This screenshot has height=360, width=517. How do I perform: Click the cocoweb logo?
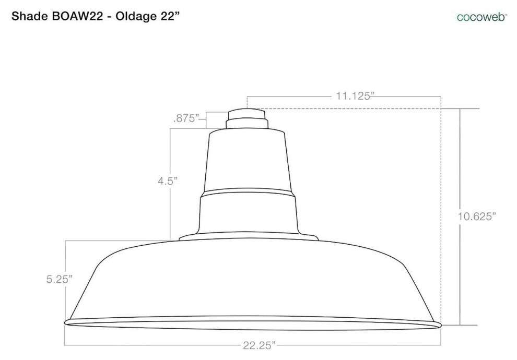click(481, 17)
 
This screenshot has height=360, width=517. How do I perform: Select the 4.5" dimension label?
click(168, 181)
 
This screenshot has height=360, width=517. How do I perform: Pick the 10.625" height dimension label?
click(477, 217)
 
